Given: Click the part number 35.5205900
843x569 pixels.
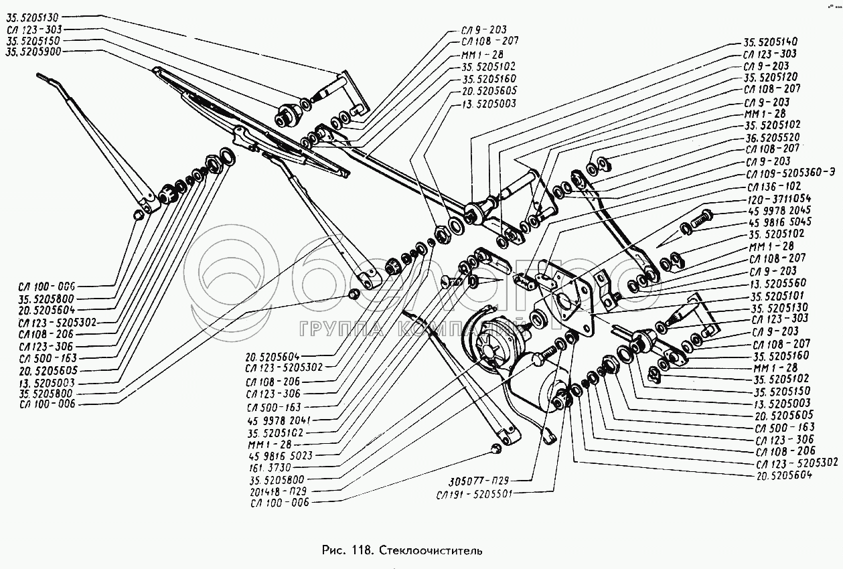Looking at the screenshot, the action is [33, 52].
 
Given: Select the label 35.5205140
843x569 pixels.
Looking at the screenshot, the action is [770, 42].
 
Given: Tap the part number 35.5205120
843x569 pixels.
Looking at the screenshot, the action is [771, 77].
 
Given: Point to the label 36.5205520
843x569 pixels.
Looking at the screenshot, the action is [772, 137].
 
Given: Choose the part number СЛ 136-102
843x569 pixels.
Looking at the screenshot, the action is [774, 187].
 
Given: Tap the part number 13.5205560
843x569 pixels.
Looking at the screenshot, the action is [777, 283].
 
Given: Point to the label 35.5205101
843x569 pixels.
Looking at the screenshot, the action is [777, 296].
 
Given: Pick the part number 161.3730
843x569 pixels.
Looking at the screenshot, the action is [269, 467].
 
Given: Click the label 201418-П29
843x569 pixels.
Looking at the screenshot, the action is [278, 491].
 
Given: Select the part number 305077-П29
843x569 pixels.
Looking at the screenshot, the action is [479, 481].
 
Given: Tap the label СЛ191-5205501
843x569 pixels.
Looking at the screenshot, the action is [475, 494].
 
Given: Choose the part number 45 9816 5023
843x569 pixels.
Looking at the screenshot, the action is [281, 456].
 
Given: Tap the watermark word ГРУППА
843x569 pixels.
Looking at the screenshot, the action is [341, 330].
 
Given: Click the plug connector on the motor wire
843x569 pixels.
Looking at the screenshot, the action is [549, 437].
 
